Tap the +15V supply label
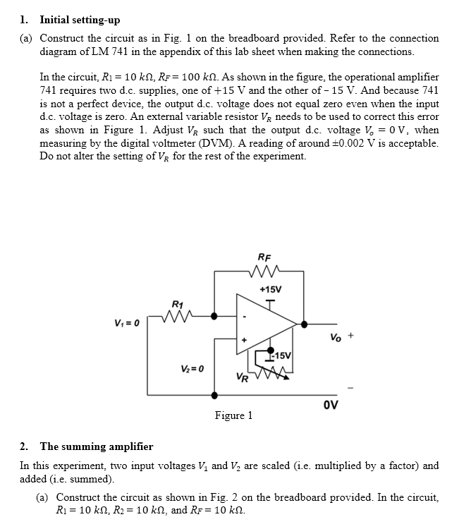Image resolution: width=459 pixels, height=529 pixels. coord(271,290)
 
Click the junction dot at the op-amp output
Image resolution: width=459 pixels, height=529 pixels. coord(304,324)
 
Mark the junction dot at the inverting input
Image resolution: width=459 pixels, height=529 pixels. coord(216,317)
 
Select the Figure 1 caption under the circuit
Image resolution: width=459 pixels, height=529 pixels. coord(233,415)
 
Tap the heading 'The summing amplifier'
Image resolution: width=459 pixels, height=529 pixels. coord(97,446)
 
